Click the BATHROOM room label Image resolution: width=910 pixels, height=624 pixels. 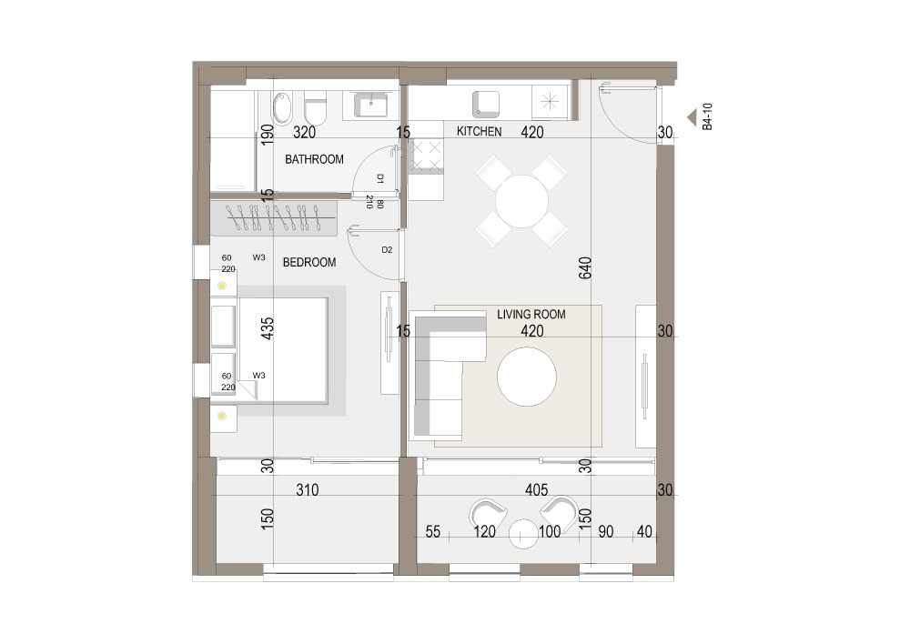tap(314, 160)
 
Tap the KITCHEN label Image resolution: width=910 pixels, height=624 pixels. tap(479, 132)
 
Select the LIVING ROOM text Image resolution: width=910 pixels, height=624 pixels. tap(531, 315)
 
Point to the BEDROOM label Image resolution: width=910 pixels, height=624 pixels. tap(309, 262)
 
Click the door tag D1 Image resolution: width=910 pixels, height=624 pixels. tap(379, 179)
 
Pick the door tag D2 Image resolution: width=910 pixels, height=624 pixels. tap(387, 249)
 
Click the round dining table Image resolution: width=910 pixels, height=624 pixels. tap(522, 201)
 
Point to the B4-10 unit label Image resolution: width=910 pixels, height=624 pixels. tap(707, 117)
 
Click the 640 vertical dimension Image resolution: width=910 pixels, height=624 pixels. tap(586, 268)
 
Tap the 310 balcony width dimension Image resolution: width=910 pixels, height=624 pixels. tap(308, 490)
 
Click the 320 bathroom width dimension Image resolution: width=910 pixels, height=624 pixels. tap(303, 133)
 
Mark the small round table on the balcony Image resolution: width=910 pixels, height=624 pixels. tap(525, 534)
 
